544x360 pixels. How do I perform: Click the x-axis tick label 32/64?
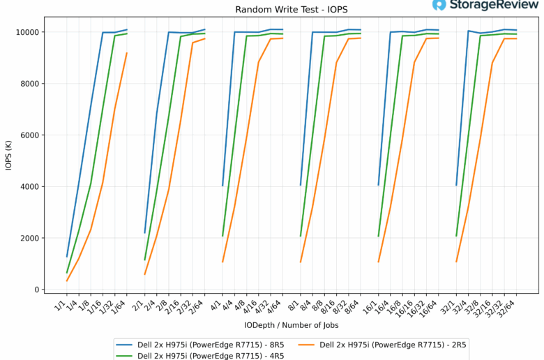(x=511, y=308)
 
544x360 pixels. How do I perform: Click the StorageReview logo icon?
(x=439, y=6)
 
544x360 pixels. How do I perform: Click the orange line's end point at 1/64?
(x=127, y=53)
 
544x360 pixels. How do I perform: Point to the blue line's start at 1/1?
(x=67, y=257)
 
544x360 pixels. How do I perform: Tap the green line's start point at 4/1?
(x=222, y=236)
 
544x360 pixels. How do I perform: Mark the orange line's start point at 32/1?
(x=456, y=262)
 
